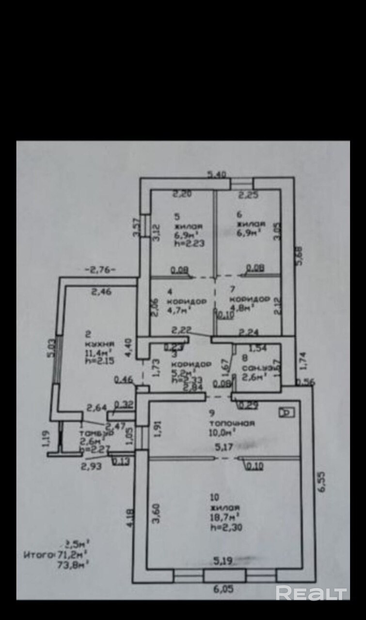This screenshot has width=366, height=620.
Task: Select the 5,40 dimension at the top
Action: pyautogui.click(x=217, y=175)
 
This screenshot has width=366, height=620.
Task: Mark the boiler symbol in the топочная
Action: pyautogui.click(x=286, y=413)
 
